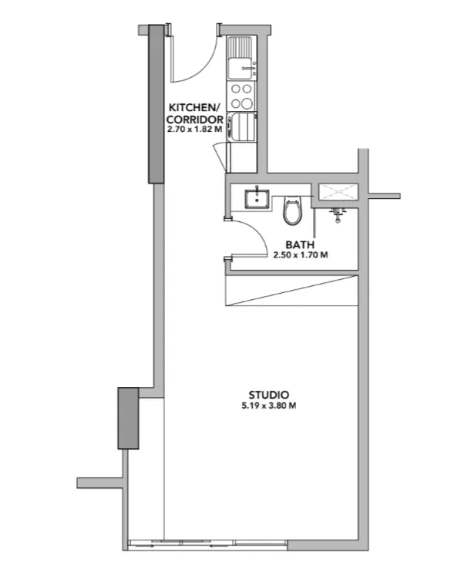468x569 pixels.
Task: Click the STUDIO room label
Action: coord(269,395)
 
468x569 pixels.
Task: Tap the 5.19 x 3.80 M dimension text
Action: coord(269,406)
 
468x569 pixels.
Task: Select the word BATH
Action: coord(300,244)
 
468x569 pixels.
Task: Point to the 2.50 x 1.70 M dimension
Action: coord(301,254)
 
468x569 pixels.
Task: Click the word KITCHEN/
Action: coord(194,108)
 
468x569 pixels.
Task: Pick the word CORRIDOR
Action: coord(195,120)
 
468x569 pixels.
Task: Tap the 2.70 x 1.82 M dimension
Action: coord(195,129)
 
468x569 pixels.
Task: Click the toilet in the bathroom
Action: coord(292,210)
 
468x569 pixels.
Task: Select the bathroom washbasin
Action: coord(257,199)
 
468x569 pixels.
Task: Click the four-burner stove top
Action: coord(241,96)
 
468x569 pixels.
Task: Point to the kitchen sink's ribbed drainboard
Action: coord(240,46)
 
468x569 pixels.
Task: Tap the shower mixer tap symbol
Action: coord(338,214)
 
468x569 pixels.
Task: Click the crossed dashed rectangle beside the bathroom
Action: coord(338,192)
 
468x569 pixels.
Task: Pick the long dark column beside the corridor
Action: coord(157,104)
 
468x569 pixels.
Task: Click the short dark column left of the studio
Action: coord(128,418)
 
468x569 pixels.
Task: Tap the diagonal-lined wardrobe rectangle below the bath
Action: coord(292,291)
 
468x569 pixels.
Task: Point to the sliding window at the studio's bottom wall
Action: coord(208,544)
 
